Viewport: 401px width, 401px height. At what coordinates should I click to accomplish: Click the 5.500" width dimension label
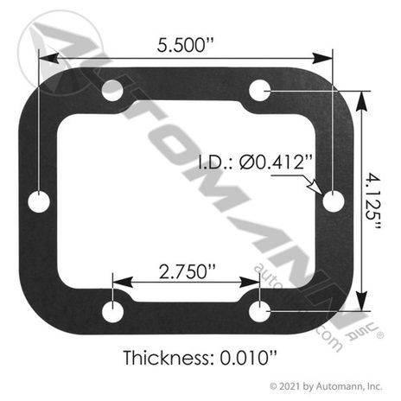point(186,45)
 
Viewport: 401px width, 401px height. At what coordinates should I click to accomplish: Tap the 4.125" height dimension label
point(373,200)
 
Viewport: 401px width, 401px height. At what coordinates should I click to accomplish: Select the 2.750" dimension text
point(187,271)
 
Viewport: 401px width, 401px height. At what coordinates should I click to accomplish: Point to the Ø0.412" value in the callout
point(276,162)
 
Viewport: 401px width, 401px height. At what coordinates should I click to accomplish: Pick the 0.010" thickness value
point(248,358)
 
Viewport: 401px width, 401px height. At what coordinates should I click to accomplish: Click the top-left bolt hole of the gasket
point(112,91)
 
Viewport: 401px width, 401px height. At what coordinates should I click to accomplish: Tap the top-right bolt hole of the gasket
point(259,91)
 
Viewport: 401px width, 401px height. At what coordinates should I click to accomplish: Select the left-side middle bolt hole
point(39,201)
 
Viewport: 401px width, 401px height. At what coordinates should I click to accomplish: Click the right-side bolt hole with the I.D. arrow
point(334,201)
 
